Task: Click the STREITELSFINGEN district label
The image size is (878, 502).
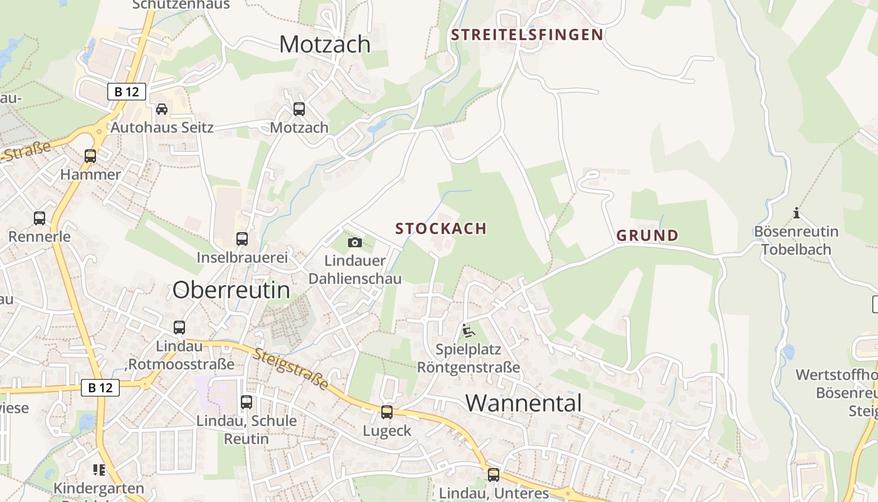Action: click(527, 35)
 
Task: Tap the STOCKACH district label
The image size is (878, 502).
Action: click(441, 228)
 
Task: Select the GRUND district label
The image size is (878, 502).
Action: click(647, 236)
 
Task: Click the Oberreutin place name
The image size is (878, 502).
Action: click(231, 290)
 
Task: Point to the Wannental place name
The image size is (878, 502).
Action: click(524, 403)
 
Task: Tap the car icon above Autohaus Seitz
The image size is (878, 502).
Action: click(162, 109)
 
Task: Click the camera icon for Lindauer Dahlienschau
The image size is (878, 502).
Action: click(355, 242)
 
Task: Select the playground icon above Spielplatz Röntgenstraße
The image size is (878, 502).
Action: click(468, 330)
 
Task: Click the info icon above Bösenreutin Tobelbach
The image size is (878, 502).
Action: click(796, 213)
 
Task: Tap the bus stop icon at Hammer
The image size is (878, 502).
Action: click(90, 156)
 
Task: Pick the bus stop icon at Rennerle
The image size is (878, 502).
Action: click(40, 218)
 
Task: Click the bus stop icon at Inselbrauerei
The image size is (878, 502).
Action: click(242, 239)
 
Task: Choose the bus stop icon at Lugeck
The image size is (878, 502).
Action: click(387, 412)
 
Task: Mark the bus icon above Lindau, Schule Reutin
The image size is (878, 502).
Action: click(246, 402)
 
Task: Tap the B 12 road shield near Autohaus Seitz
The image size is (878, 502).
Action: click(127, 92)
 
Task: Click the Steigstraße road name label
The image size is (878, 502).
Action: click(291, 368)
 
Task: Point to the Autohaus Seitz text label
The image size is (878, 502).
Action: click(162, 127)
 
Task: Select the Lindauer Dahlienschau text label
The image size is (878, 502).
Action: click(355, 269)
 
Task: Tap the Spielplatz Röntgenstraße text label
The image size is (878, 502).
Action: click(468, 358)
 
